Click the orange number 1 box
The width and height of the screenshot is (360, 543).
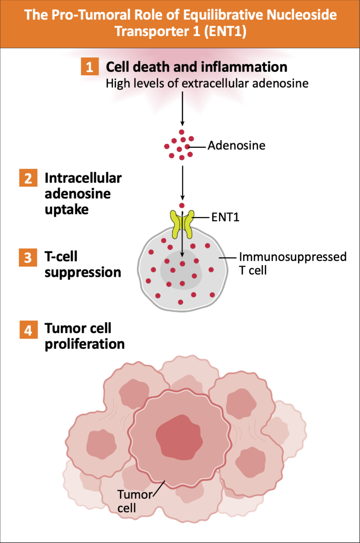pos(90,66)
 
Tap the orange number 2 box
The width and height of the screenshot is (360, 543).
pos(28,178)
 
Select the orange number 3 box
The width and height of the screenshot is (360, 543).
pos(28,257)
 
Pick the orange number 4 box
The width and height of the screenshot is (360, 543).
pos(28,330)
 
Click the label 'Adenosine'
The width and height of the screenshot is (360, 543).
pos(237,146)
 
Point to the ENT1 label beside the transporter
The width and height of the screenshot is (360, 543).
pos(225,217)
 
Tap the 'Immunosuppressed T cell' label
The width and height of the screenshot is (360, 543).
pos(292,263)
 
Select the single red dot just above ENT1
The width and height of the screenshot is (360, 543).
pos(182,206)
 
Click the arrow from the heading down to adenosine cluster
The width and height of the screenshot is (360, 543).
pos(182,109)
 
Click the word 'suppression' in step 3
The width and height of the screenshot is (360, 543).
pos(83,272)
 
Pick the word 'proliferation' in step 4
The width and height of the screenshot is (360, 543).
pos(85,344)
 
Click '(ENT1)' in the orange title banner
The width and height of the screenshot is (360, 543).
pos(225,31)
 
